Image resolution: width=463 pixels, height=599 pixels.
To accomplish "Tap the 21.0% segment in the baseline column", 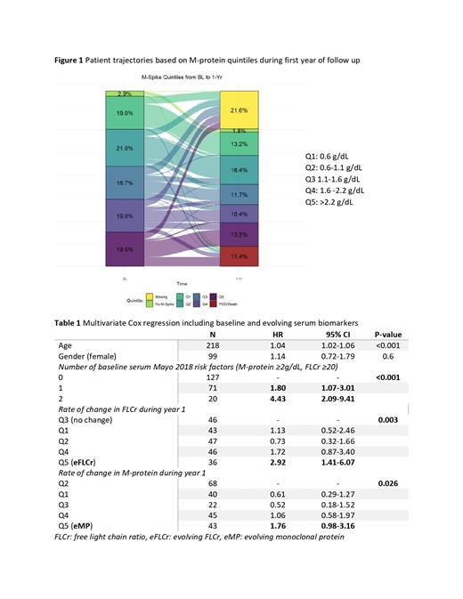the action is [x=125, y=147].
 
